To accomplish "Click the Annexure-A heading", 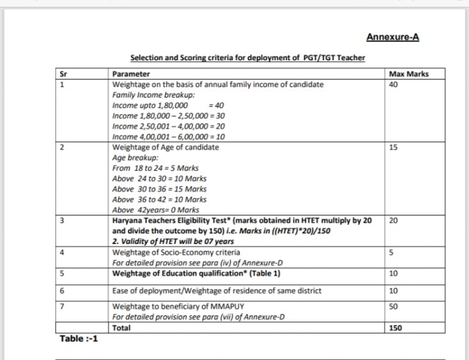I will pyautogui.click(x=392, y=37).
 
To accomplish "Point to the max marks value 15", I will pyautogui.click(x=392, y=148).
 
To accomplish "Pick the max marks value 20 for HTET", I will pyautogui.click(x=392, y=220).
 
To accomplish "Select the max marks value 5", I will pyautogui.click(x=390, y=253).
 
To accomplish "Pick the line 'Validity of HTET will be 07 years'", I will pyautogui.click(x=172, y=241).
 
